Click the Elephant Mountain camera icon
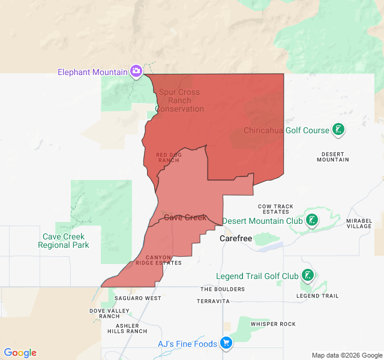136,71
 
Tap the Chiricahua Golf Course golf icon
338,130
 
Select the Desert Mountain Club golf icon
311,220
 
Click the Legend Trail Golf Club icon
307,276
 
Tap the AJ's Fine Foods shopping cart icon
226,343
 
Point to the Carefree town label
236,238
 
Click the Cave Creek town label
185,217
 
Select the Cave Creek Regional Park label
64,241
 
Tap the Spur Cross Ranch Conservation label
180,100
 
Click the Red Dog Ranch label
168,157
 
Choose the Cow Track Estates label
276,209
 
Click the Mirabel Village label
359,223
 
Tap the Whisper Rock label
273,324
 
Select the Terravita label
213,301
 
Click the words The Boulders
223,289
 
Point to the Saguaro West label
137,298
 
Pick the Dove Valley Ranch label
109,313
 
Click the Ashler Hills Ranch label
127,328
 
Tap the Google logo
20,353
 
